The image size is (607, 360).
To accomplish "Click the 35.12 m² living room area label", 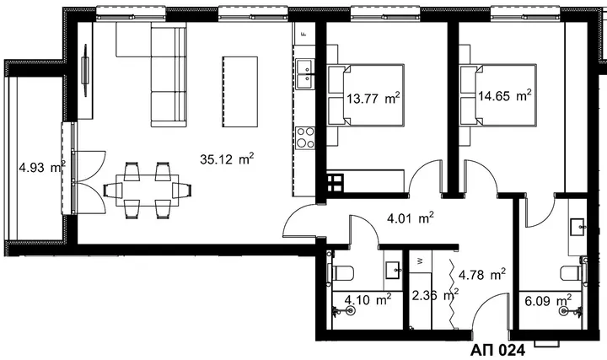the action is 227,159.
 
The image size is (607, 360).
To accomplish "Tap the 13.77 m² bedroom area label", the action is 373,99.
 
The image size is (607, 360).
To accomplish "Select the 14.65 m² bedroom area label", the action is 504,95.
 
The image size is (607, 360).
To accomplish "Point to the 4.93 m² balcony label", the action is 42,167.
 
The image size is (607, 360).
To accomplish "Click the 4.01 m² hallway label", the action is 411,218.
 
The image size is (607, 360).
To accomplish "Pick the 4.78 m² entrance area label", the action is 482,275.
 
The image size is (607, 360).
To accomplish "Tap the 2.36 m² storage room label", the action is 435,295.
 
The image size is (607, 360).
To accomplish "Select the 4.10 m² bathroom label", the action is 368,299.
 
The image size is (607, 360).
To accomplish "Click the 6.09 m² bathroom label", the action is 548,300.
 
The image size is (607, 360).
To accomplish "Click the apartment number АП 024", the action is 498,351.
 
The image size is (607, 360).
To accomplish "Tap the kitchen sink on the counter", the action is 305,74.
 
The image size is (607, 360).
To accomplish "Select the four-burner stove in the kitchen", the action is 305,137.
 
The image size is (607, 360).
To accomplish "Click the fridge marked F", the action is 304,34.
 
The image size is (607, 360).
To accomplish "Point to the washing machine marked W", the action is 420,261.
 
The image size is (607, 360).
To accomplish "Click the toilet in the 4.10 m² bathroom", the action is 341,273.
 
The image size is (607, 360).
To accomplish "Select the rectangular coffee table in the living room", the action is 240,91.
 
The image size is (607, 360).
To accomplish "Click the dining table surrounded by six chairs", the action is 148,190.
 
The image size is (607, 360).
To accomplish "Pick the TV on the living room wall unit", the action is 85,70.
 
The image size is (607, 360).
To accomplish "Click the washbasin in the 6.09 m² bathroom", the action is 577,227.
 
